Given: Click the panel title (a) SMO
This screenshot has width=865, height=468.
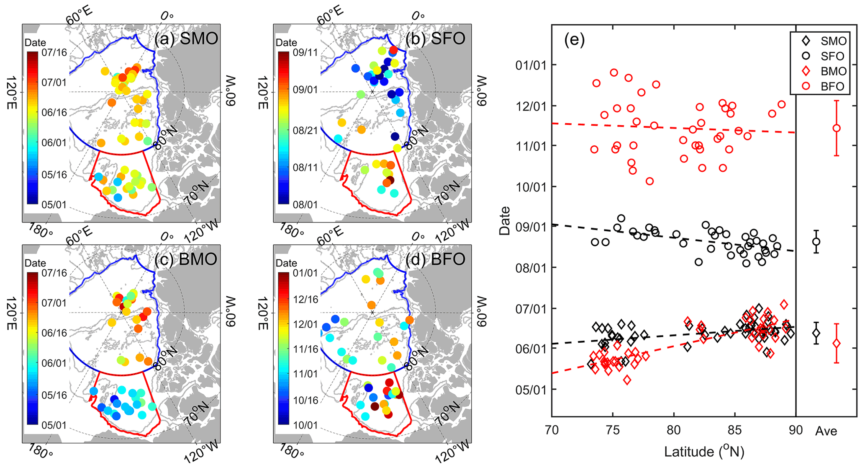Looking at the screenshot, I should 186,39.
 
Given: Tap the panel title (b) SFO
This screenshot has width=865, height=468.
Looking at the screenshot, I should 435,39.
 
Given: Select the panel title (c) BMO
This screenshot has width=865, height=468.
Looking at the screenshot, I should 186,259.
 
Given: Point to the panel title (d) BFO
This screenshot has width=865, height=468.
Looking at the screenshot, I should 435,259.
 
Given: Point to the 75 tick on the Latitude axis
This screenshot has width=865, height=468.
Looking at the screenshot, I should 613,430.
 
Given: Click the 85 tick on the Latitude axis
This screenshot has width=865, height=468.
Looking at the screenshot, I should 734,430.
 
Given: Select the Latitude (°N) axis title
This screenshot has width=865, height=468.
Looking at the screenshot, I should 704,452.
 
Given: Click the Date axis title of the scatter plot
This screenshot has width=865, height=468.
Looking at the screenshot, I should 505,220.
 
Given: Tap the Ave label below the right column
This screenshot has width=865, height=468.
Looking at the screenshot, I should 826,431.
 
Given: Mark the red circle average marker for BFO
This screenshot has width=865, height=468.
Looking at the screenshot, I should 837,128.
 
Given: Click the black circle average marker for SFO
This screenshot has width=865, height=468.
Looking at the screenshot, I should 816,242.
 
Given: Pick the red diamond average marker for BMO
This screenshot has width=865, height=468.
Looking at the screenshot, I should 837,344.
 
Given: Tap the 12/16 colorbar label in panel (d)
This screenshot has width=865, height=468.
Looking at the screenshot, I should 306,300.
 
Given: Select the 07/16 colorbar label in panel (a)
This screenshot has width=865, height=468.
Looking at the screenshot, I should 54,53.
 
